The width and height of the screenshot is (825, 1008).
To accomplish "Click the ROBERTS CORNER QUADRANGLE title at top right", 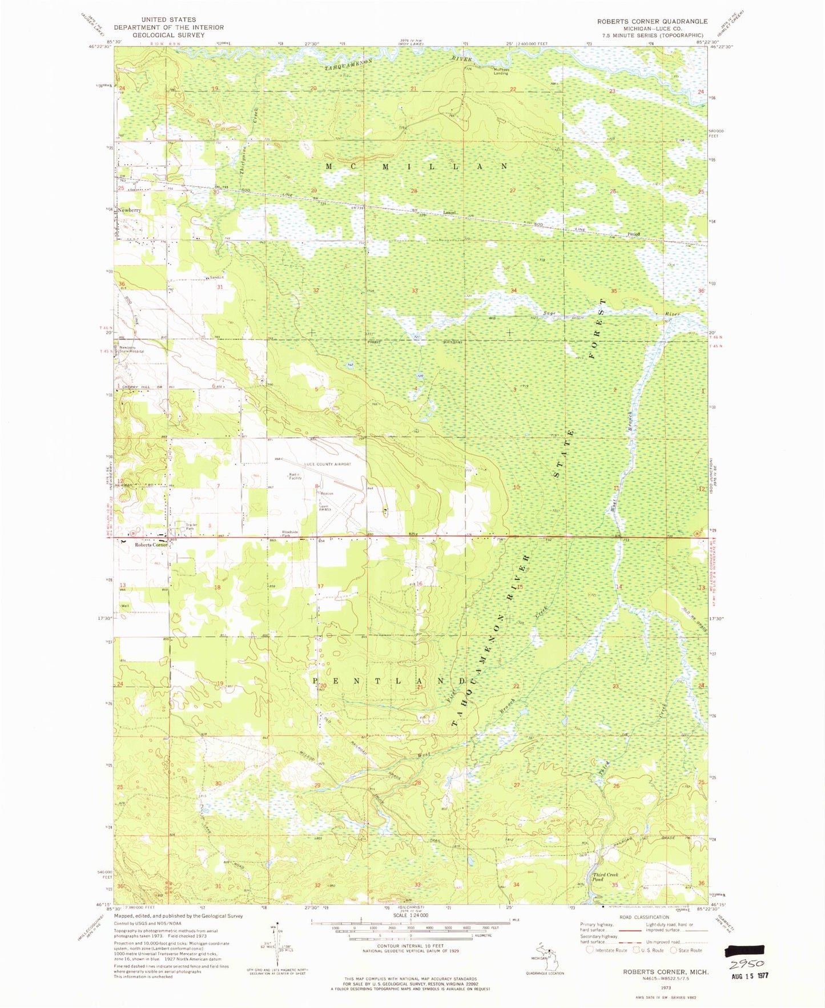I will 652,21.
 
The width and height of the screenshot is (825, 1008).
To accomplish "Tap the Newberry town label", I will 130,210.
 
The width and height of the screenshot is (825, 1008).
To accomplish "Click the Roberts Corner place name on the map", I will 151,545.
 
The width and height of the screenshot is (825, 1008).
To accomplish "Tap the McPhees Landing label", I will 501,71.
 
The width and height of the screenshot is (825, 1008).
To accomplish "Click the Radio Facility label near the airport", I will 295,477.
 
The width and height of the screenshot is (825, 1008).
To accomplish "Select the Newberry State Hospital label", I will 131,349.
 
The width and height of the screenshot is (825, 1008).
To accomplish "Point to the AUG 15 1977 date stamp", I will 750,976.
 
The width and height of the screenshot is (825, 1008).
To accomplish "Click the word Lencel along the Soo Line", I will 450,213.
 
